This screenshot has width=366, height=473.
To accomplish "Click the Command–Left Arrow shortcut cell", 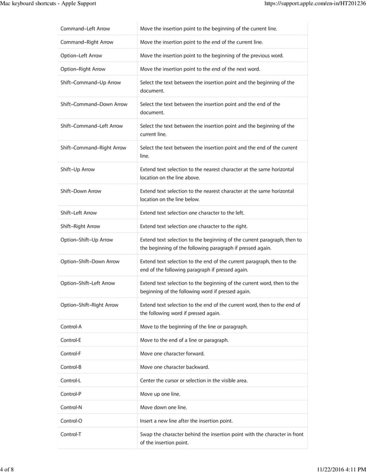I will pyautogui.click(x=85, y=29).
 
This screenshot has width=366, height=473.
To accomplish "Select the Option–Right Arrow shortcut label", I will pyautogui.click(x=83, y=69).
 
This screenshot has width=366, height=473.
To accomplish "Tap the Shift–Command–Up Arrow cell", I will pyautogui.click(x=91, y=82).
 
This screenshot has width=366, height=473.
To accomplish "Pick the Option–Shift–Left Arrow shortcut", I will pyautogui.click(x=88, y=283).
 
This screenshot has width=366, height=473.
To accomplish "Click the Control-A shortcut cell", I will pyautogui.click(x=71, y=326).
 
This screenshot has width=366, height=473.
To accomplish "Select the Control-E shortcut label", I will pyautogui.click(x=71, y=340).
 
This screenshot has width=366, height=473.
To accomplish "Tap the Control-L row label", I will pyautogui.click(x=71, y=380).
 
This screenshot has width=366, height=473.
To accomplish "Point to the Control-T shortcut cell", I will pyautogui.click(x=71, y=434).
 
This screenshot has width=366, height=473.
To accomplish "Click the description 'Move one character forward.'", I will pyautogui.click(x=172, y=353).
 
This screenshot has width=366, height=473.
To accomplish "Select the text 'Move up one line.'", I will pyautogui.click(x=160, y=394).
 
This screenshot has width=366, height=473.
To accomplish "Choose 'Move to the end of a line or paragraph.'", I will pyautogui.click(x=184, y=340).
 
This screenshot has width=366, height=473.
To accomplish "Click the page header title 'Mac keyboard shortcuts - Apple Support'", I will pyautogui.click(x=48, y=4).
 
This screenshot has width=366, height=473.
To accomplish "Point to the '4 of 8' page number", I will pyautogui.click(x=7, y=469).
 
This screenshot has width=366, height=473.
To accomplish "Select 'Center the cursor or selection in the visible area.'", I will pyautogui.click(x=198, y=380).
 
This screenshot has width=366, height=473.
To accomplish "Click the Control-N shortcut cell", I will pyautogui.click(x=71, y=407).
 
